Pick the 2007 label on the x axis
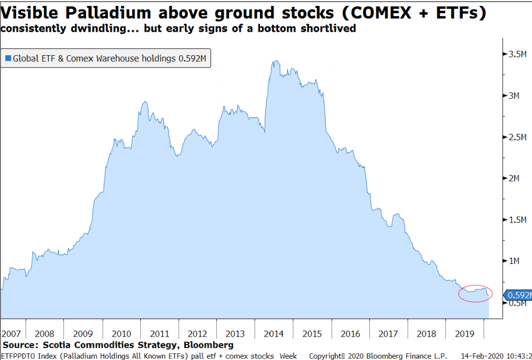tap(12, 334)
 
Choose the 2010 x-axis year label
tap(122, 334)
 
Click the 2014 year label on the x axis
tap(274, 334)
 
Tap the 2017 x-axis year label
tap(388, 334)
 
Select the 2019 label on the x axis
tap(465, 334)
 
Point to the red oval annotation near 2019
tap(475, 293)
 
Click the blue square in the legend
tap(8, 58)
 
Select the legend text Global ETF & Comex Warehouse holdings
tap(94, 58)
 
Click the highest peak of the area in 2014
tap(275, 62)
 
